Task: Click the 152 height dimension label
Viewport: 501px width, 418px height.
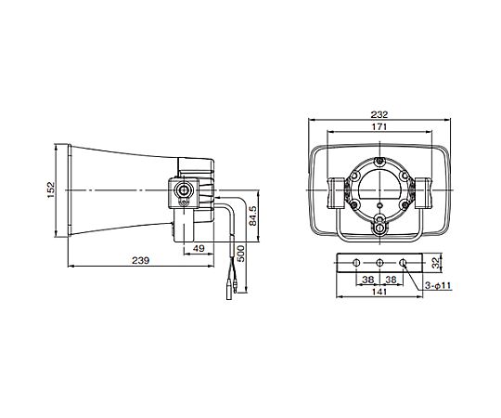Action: pos(51,190)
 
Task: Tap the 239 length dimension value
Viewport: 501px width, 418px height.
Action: pos(141,261)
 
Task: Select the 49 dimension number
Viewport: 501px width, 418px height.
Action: pos(199,248)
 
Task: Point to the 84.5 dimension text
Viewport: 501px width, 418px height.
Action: pos(252,216)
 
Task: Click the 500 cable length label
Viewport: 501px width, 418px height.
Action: pos(241,254)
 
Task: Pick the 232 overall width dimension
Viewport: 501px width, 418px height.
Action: pos(379,114)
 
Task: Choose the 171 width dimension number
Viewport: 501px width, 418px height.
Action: pos(379,126)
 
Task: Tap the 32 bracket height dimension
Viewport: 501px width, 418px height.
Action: pos(435,263)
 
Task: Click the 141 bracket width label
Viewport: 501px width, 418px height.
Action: pos(379,292)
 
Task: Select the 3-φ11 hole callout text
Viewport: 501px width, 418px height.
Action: pos(438,285)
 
